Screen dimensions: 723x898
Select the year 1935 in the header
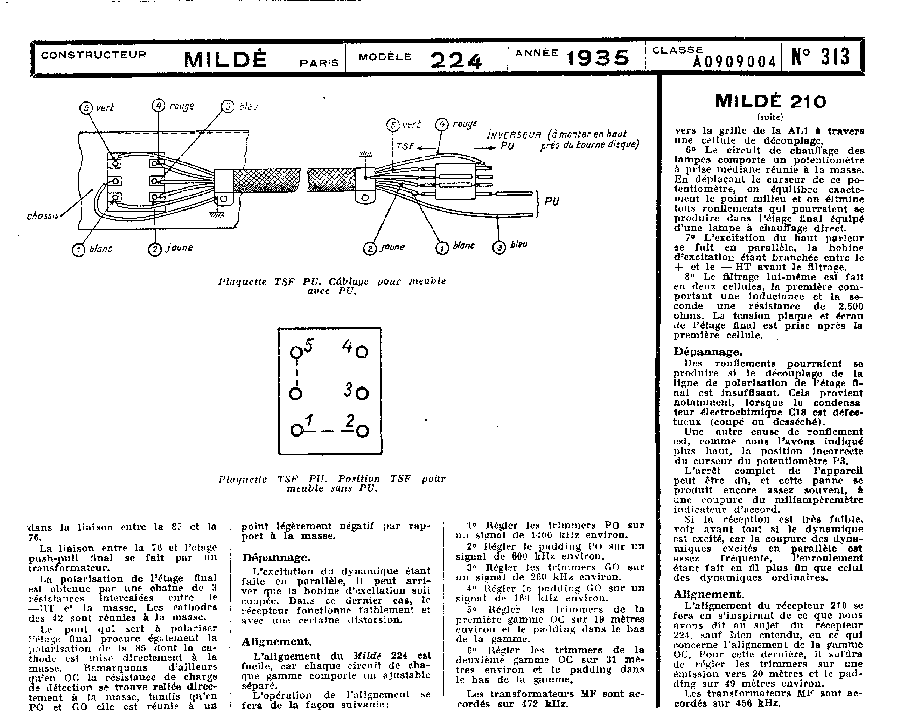pyautogui.click(x=598, y=58)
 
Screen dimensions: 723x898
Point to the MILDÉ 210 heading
pyautogui.click(x=770, y=101)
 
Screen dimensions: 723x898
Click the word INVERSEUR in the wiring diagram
pyautogui.click(x=514, y=135)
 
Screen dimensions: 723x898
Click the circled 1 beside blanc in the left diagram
pyautogui.click(x=78, y=250)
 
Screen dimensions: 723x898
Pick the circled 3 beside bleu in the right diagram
pyautogui.click(x=499, y=247)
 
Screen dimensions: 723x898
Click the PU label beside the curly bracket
pyautogui.click(x=552, y=202)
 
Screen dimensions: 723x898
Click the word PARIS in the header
pyautogui.click(x=319, y=63)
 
